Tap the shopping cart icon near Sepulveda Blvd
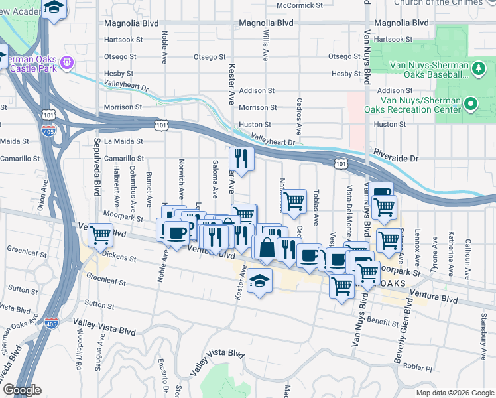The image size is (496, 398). (x=100, y=235)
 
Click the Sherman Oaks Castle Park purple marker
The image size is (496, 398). (x=67, y=63)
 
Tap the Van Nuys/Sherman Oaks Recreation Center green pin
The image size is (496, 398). (x=471, y=104)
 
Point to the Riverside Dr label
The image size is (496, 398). (x=396, y=159)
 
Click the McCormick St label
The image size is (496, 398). (x=299, y=5)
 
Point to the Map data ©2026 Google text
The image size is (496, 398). (x=454, y=393)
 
